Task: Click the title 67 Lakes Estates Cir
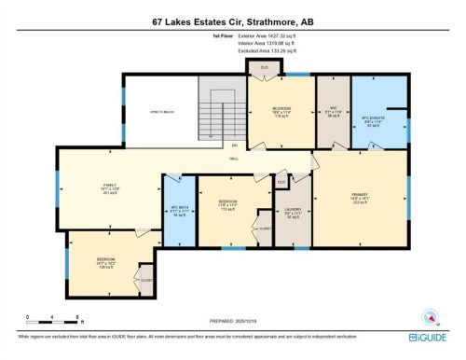(232, 19)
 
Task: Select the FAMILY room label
(112, 187)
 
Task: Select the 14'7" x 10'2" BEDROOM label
(106, 261)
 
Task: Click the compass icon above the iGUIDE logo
(430, 315)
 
